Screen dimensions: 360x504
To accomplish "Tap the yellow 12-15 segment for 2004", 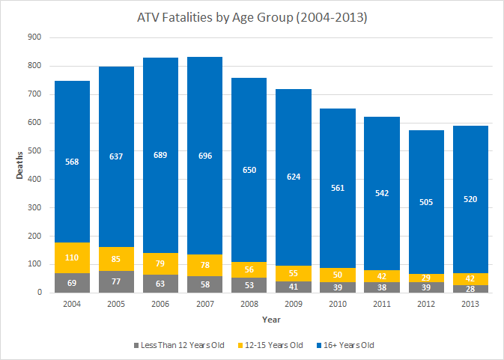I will (72, 257).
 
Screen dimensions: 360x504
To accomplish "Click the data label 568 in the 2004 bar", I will (72, 162).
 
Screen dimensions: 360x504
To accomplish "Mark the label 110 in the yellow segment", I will (72, 257).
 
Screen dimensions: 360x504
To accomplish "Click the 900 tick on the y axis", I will (34, 37).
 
